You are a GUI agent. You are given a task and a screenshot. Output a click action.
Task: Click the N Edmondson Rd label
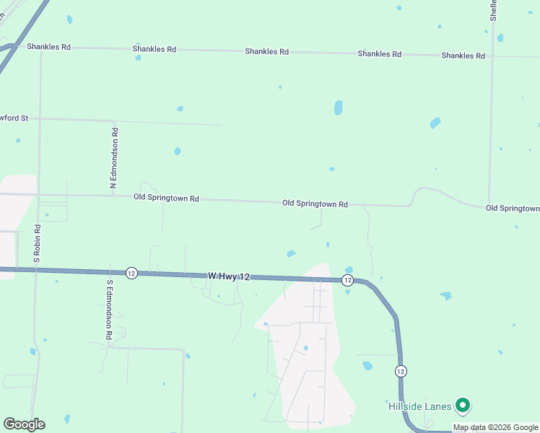coord(114,159)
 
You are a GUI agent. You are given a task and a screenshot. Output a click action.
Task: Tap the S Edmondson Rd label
coord(110,310)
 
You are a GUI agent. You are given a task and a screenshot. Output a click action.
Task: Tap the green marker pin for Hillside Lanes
coord(463,407)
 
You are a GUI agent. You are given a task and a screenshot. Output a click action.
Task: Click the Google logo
coord(24,424)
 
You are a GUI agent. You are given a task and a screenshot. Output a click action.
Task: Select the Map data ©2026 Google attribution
coord(495,427)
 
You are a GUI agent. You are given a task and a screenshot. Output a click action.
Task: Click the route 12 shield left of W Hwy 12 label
coord(131,273)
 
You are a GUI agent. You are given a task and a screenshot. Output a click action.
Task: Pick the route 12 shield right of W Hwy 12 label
coord(347,280)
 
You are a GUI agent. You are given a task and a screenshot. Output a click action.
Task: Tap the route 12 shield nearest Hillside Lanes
coord(401,371)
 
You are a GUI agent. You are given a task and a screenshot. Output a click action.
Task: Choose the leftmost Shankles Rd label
coord(49,47)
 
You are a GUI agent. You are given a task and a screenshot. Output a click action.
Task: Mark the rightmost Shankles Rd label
coord(463,56)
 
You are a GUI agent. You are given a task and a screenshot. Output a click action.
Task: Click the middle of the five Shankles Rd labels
coord(266,51)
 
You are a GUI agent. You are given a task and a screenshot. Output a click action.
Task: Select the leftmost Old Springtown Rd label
coord(166,198)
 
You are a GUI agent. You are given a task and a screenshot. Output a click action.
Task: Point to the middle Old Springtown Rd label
coord(315,204)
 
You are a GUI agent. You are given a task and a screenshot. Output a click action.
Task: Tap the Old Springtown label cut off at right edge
coord(513,209)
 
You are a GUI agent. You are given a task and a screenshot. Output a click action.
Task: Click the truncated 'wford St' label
coord(14,118)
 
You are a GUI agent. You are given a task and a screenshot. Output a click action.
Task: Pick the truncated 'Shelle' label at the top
coord(494,10)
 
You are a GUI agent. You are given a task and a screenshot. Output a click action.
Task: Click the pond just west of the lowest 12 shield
coord(367,366)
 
